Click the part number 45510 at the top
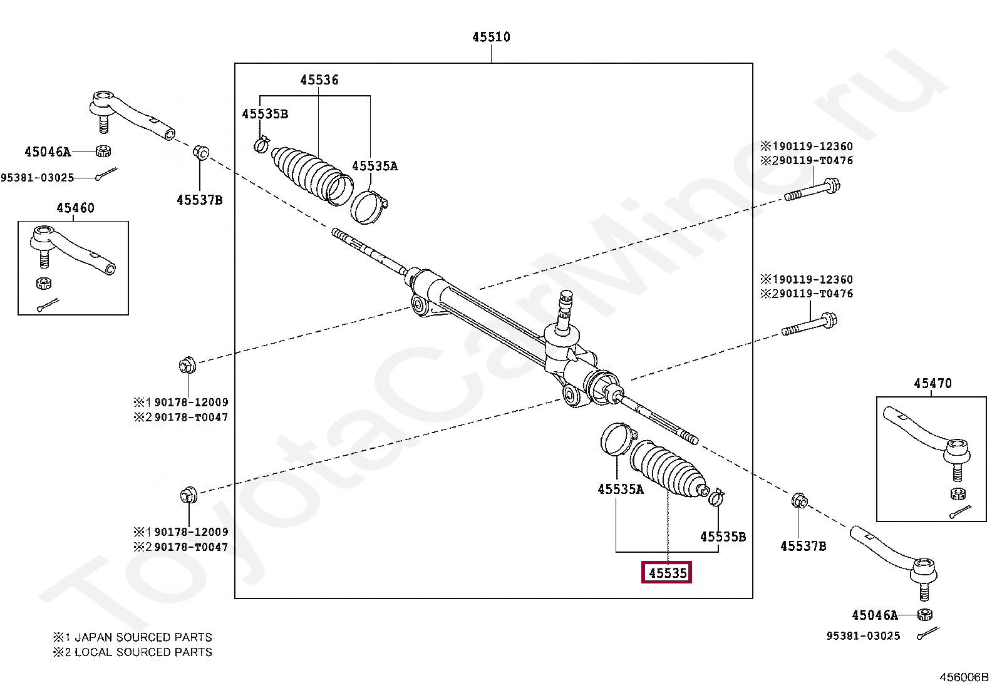tap(491, 37)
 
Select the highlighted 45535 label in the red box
tap(667, 572)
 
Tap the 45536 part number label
tap(319, 80)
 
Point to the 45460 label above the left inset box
tap(75, 208)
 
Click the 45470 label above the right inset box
tap(932, 383)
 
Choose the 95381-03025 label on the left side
tap(38, 178)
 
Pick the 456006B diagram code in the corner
tap(963, 677)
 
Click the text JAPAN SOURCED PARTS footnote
tap(143, 637)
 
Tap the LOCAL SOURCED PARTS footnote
tap(143, 652)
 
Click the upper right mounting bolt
tap(813, 189)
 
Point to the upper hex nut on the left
tap(187, 364)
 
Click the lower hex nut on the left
tap(187, 496)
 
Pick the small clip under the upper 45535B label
tap(262, 145)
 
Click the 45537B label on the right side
tap(803, 546)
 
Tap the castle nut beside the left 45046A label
tap(103, 151)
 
